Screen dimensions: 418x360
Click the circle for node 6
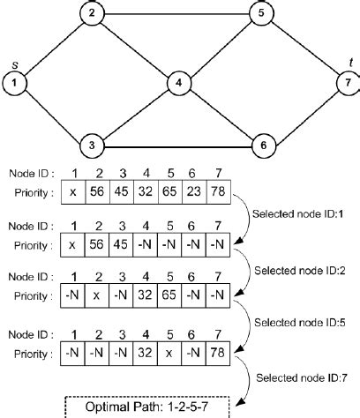260,145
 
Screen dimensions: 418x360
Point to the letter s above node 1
15,64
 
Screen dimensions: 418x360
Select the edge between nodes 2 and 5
176,13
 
